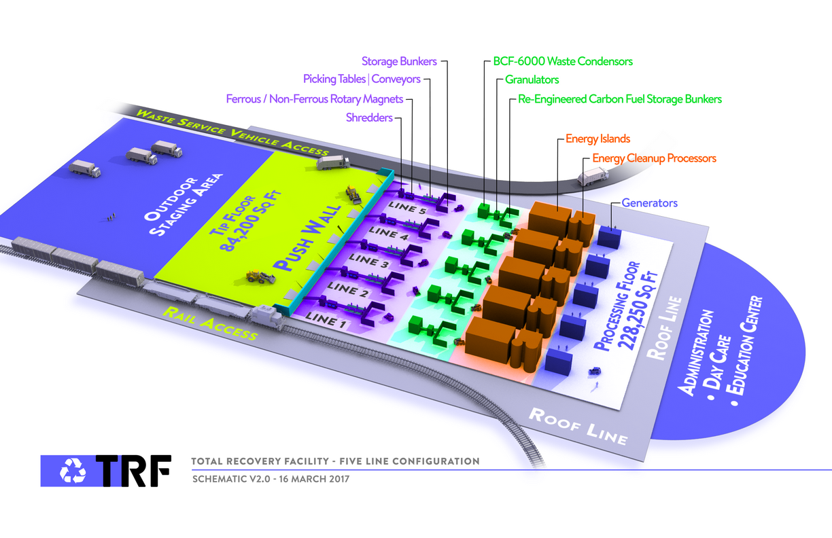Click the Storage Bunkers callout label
click(x=398, y=61)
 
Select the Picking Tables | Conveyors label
click(x=362, y=79)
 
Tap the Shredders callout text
click(x=369, y=118)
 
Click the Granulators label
click(x=532, y=79)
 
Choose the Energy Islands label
click(x=597, y=139)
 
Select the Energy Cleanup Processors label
click(x=654, y=158)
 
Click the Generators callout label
click(x=649, y=202)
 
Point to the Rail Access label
click(x=210, y=323)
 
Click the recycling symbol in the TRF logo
click(x=71, y=470)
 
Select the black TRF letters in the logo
click(x=133, y=470)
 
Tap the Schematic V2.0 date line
click(x=271, y=479)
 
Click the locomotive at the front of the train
click(x=267, y=316)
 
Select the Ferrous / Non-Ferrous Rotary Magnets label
click(x=314, y=99)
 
